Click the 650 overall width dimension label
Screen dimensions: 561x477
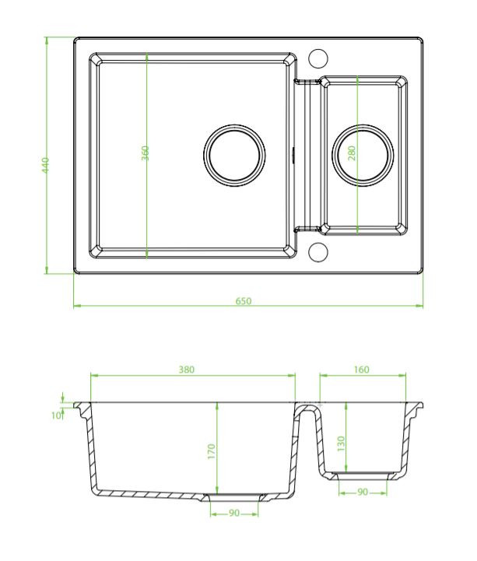tap(244, 301)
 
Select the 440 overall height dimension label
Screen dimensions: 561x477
tap(46, 165)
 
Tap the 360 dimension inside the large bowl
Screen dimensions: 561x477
tap(146, 153)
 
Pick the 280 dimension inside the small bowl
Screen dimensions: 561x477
tap(352, 153)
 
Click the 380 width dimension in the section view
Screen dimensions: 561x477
tap(187, 370)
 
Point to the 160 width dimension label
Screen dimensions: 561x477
tap(361, 370)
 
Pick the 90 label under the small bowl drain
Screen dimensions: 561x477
tap(362, 492)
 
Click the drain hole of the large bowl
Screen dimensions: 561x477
tap(234, 153)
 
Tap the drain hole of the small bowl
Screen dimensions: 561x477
tap(363, 153)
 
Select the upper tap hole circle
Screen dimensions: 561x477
tap(317, 58)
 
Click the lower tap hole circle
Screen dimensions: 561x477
tap(317, 251)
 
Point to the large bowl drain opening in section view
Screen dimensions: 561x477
tap(233, 495)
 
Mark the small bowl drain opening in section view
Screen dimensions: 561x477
tap(362, 473)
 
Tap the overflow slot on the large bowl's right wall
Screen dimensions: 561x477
tap(293, 153)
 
